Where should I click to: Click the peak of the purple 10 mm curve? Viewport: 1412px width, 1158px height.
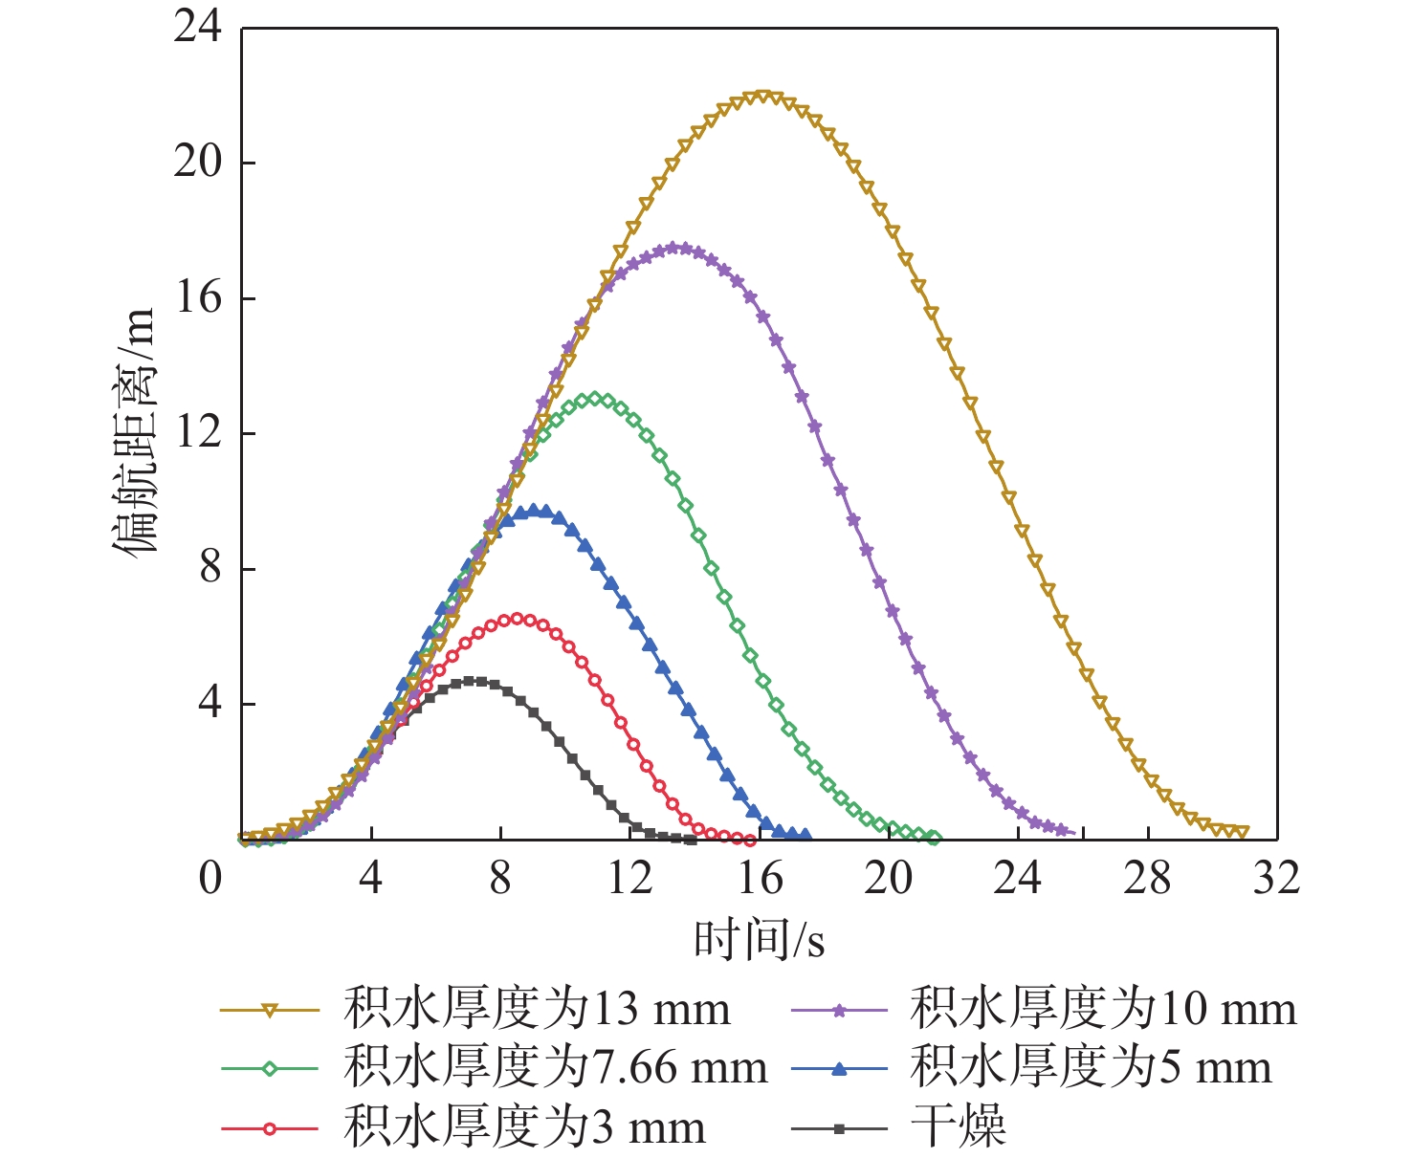pyautogui.click(x=675, y=248)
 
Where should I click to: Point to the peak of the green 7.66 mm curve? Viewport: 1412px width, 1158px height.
pyautogui.click(x=595, y=399)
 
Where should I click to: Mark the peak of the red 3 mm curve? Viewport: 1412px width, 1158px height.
pyautogui.click(x=518, y=619)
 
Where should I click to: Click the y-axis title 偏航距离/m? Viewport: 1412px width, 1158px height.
pyautogui.click(x=135, y=431)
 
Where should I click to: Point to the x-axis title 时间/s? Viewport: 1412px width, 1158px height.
pyautogui.click(x=759, y=940)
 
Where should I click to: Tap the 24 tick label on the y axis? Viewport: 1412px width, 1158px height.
pyautogui.click(x=197, y=28)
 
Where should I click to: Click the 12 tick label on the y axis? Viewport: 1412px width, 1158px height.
pyautogui.click(x=197, y=433)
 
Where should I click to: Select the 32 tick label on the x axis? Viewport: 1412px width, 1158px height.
pyautogui.click(x=1276, y=878)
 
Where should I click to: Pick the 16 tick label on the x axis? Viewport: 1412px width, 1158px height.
pyautogui.click(x=760, y=878)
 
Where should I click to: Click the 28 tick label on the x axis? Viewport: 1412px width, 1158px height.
pyautogui.click(x=1147, y=878)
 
